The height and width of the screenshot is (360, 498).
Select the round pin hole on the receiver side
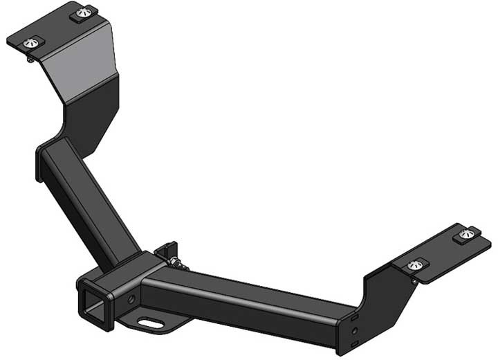[131, 300]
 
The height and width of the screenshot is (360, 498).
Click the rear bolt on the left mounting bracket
[88, 12]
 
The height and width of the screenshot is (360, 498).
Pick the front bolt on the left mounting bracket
[30, 44]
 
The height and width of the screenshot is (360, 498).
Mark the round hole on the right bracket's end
[354, 332]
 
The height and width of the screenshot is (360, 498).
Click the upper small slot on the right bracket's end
[353, 316]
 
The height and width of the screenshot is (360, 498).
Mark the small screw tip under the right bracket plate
[414, 280]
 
